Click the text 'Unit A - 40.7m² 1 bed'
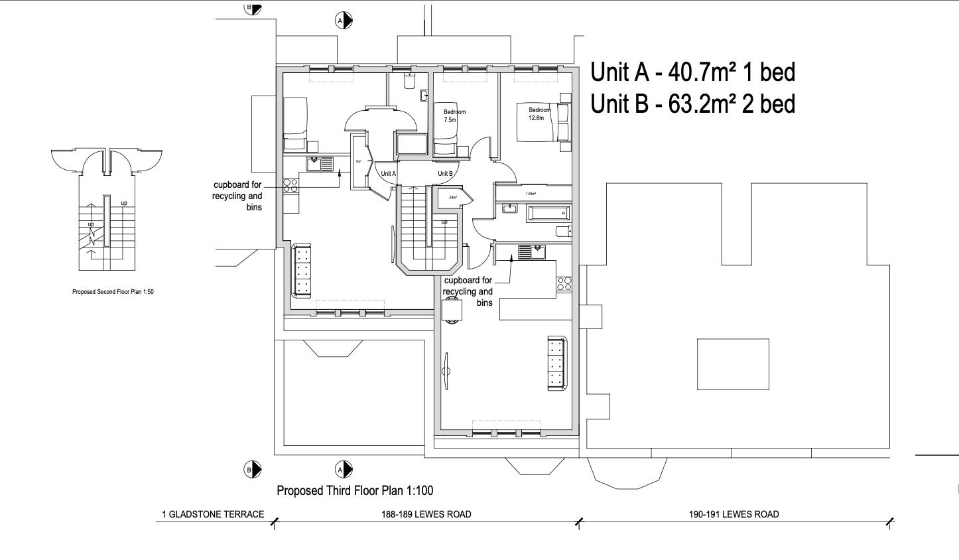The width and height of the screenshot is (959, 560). pyautogui.click(x=692, y=72)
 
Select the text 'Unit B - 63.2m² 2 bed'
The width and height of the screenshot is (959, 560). pyautogui.click(x=692, y=104)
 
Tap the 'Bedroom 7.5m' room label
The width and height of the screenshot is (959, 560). pyautogui.click(x=454, y=116)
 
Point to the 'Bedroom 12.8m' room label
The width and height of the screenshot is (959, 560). pyautogui.click(x=539, y=114)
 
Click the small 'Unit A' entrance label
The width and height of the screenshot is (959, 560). pyautogui.click(x=388, y=174)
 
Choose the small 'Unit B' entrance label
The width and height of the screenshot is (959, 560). pyautogui.click(x=445, y=174)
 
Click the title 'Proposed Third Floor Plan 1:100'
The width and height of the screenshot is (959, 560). pyautogui.click(x=355, y=491)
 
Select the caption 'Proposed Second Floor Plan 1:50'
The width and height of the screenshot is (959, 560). pyautogui.click(x=113, y=292)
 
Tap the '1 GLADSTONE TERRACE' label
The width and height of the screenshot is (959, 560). pyautogui.click(x=213, y=514)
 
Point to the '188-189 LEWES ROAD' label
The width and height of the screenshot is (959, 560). pyautogui.click(x=426, y=514)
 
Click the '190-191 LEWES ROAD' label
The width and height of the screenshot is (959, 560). pyautogui.click(x=734, y=514)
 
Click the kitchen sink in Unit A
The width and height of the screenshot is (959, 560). pyautogui.click(x=320, y=163)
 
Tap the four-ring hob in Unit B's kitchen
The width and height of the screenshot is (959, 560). pyautogui.click(x=564, y=284)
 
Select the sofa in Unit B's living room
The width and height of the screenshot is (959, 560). pyautogui.click(x=557, y=363)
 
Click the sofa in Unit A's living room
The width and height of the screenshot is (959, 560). pyautogui.click(x=302, y=270)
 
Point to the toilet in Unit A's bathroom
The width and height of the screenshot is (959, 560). pyautogui.click(x=409, y=82)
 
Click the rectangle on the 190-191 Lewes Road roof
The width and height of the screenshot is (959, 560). pyautogui.click(x=733, y=364)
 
